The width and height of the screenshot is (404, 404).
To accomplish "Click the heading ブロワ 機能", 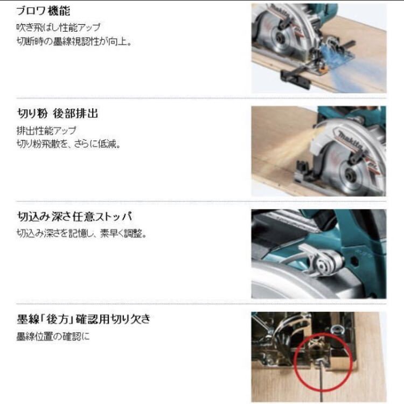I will tap(43, 11).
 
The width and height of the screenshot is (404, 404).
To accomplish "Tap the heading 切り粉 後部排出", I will tap(57, 114).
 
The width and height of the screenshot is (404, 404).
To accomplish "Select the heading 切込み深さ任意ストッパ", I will tap(74, 217).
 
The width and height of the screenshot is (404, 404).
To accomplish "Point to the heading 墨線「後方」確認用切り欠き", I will tap(83, 319).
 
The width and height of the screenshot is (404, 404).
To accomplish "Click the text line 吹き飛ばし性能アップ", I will tap(58, 27).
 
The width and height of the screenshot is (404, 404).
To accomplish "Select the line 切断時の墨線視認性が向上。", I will tap(74, 41).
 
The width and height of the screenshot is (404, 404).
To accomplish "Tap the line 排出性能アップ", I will tap(46, 130).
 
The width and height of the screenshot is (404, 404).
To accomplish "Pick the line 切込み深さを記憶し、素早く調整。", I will tap(81, 234).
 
